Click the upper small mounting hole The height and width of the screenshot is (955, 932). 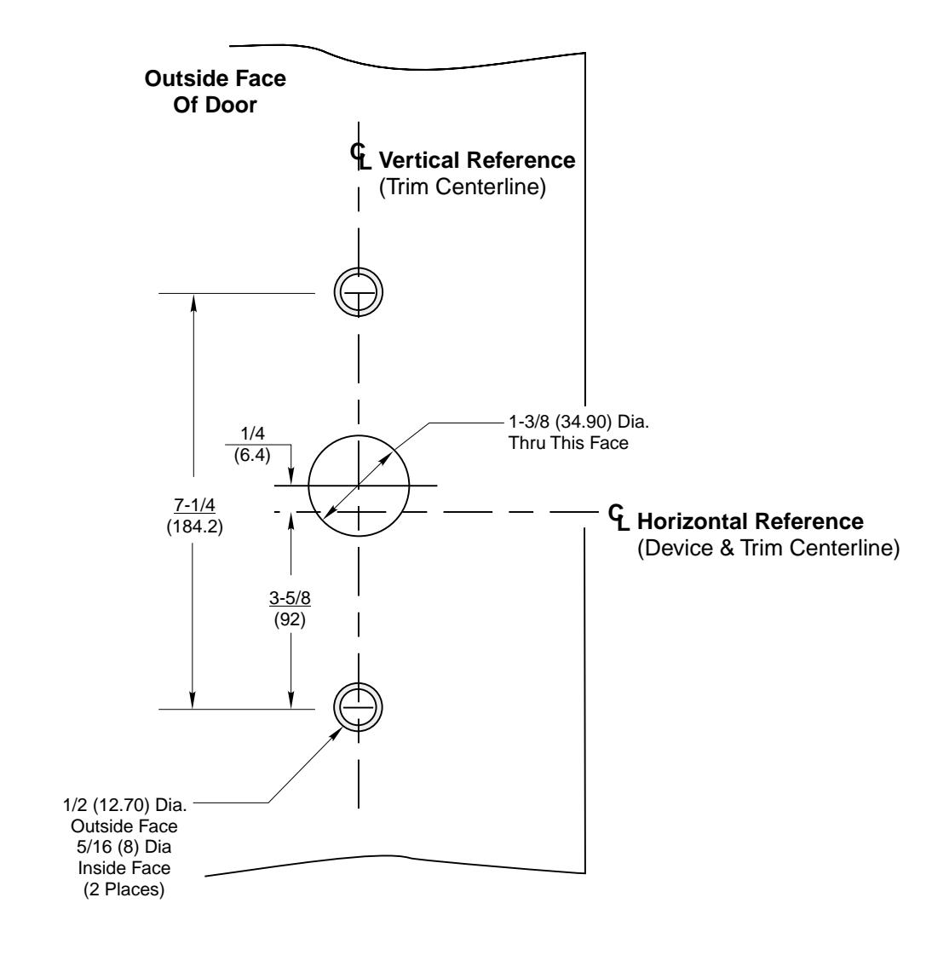pyautogui.click(x=358, y=293)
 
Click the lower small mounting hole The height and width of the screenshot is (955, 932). pyautogui.click(x=358, y=708)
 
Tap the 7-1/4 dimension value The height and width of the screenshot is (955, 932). pyautogui.click(x=193, y=509)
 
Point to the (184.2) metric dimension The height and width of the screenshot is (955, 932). pyautogui.click(x=193, y=526)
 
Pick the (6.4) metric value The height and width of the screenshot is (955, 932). pyautogui.click(x=251, y=455)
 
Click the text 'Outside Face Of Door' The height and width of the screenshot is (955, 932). pyautogui.click(x=216, y=92)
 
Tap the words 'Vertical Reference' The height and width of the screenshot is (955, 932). pyautogui.click(x=477, y=160)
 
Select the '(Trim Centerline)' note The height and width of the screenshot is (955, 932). pyautogui.click(x=462, y=187)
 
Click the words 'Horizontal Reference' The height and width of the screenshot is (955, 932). pyautogui.click(x=751, y=521)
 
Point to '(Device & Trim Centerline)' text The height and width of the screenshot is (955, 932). pyautogui.click(x=768, y=549)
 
